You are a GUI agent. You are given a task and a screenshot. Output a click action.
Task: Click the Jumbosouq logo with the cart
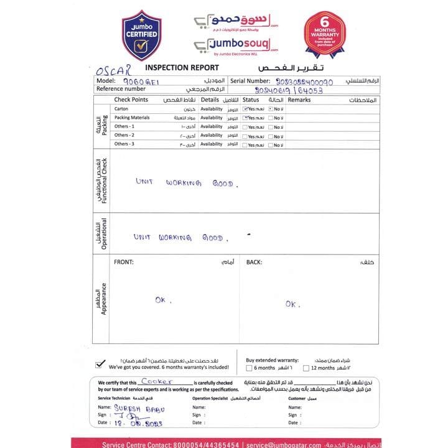[236, 45]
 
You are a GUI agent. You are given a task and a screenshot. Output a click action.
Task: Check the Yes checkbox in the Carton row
[245, 109]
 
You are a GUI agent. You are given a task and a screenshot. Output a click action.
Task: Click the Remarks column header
[299, 100]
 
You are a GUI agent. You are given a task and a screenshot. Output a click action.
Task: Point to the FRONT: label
[123, 262]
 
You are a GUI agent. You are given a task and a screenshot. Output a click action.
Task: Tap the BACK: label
[254, 262]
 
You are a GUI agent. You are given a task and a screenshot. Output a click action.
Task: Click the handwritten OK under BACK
[292, 304]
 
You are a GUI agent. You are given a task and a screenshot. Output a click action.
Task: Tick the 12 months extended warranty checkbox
[306, 368]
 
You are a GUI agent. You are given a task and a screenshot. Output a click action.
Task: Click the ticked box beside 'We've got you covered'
[100, 365]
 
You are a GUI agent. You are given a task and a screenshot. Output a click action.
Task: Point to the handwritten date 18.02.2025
[138, 422]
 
